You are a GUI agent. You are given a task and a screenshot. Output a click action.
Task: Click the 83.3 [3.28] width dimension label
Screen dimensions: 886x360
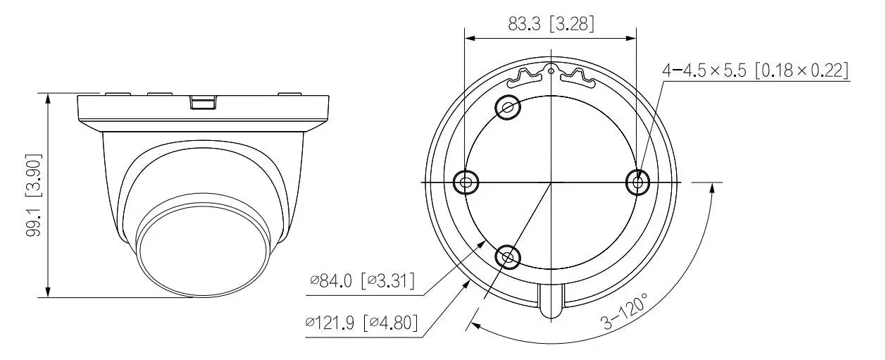pos(551,25)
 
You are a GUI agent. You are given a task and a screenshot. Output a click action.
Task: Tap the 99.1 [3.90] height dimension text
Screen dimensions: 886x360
pos(33,195)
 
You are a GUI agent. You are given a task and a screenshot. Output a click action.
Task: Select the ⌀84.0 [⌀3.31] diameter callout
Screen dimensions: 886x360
pos(362,281)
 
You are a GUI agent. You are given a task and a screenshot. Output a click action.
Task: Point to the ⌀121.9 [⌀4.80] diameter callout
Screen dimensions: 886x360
pos(361,323)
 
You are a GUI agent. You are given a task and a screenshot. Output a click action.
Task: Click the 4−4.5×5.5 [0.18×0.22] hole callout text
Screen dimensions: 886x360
pos(756,71)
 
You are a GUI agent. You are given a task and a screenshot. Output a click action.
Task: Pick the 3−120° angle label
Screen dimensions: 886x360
pos(625,311)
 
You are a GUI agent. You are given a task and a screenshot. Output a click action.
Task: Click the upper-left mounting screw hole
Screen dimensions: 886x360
pos(508,107)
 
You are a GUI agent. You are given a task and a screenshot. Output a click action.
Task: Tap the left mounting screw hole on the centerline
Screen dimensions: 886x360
pos(466,182)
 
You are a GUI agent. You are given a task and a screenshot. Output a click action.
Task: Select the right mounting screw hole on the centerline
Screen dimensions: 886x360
pos(637,182)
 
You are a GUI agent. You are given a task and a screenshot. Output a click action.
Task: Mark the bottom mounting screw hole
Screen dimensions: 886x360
pos(508,257)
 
